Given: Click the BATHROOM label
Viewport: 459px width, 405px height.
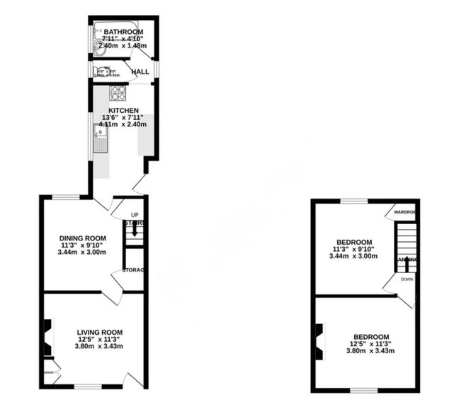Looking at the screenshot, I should coord(123,32).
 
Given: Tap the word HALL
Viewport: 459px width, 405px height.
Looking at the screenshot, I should coord(140,71).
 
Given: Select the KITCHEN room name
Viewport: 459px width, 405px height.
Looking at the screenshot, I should coord(123,110).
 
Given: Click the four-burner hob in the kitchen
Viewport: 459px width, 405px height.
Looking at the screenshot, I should coord(117,93).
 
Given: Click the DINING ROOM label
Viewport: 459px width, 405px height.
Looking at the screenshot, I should coord(83,238).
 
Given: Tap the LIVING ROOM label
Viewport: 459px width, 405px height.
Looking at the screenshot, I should coord(100,331).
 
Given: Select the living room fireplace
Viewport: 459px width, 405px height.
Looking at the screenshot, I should coord(47,339).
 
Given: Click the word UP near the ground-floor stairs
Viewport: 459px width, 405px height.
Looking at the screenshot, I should coord(135,215).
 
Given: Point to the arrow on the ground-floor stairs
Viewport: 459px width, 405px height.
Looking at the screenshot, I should coord(135,232).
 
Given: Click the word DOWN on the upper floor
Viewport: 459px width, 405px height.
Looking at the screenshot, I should coord(407,279).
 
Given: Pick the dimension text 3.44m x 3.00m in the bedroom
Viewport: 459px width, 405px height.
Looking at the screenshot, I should coord(354,256).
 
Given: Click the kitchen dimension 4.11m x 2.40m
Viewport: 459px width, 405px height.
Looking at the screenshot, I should coord(123,125).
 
